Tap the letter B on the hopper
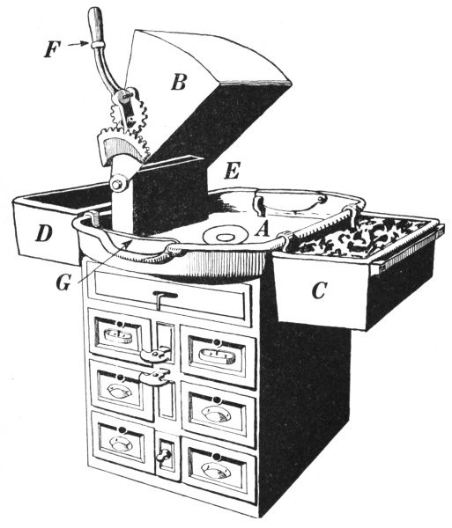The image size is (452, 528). (x=178, y=82)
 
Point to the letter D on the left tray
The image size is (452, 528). (x=44, y=234)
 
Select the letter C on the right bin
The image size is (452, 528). (x=319, y=290)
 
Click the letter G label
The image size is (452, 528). (x=63, y=282)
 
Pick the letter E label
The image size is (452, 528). (x=232, y=171)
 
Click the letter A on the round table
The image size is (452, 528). (x=262, y=231)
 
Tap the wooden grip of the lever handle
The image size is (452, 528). (x=94, y=25)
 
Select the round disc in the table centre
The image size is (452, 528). (x=224, y=236)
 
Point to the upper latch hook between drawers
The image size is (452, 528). (x=155, y=355)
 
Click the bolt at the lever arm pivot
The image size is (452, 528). (x=118, y=184)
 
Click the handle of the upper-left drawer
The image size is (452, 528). (x=118, y=336)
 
